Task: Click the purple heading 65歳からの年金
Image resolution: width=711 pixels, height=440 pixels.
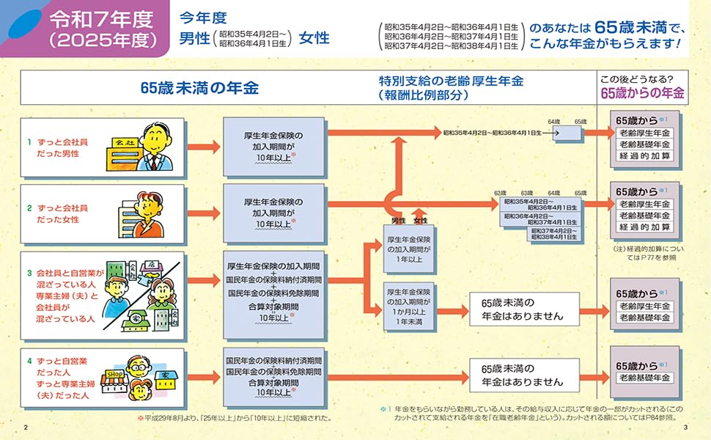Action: (x=641, y=93)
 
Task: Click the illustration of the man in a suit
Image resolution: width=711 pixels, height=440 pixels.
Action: (x=157, y=144)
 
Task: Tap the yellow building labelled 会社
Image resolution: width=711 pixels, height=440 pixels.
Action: (x=122, y=153)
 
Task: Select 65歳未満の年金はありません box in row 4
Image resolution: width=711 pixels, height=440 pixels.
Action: (x=522, y=375)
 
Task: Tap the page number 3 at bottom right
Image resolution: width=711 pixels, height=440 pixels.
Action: (x=685, y=428)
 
